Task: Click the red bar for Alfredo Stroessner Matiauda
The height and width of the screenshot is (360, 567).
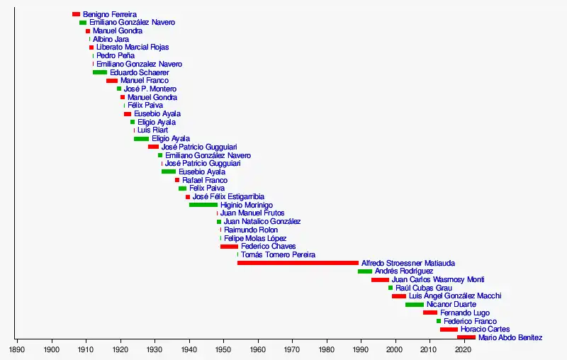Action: tap(298, 263)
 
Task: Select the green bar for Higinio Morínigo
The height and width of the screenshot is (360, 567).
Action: tap(203, 205)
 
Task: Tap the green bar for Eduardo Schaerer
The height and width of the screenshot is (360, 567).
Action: tap(100, 72)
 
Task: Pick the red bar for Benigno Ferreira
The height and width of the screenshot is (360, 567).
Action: tap(76, 14)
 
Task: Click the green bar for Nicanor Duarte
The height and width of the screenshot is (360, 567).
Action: tap(415, 305)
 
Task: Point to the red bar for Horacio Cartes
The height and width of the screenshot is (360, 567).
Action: tap(449, 330)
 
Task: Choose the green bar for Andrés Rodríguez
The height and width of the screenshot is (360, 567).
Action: tap(365, 271)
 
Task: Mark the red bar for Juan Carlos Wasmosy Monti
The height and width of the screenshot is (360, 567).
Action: tap(380, 280)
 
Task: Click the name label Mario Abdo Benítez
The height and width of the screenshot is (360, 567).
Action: tap(510, 338)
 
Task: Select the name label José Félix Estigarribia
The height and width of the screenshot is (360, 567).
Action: tap(228, 196)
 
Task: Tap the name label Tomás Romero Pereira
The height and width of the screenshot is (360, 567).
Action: tap(278, 254)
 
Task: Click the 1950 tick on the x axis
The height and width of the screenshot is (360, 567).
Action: tap(223, 341)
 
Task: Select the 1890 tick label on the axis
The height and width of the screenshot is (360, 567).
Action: tap(17, 349)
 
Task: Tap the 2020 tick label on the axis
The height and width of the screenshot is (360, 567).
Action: tap(464, 349)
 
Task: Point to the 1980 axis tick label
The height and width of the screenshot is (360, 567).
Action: tap(326, 349)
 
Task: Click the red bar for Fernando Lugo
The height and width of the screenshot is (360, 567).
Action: tap(430, 313)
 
